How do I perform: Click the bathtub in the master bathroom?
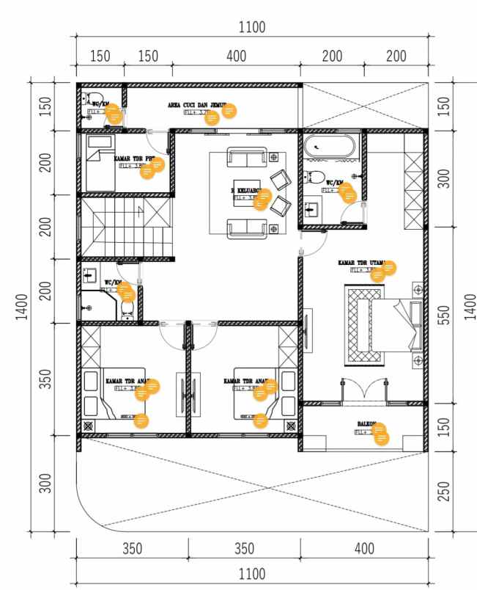pyautogui.click(x=330, y=147)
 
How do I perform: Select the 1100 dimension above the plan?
pyautogui.click(x=252, y=28)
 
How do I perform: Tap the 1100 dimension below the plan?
pyautogui.click(x=252, y=573)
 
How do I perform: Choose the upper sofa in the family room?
pyautogui.click(x=245, y=156)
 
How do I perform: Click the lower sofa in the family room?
pyautogui.click(x=245, y=228)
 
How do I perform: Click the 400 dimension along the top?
pyautogui.click(x=236, y=56)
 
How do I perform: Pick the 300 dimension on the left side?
pyautogui.click(x=45, y=484)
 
